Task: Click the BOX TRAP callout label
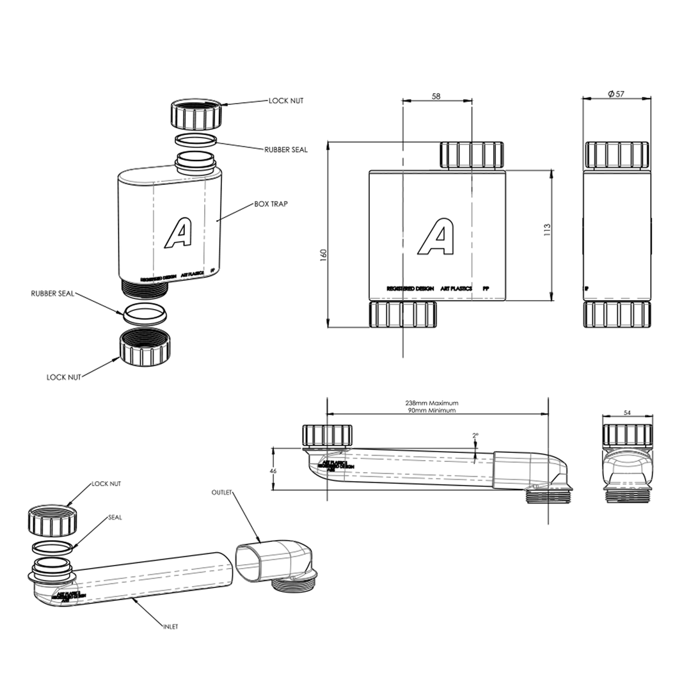[271, 204]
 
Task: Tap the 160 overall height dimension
[323, 253]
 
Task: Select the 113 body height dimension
[547, 229]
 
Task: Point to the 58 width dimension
[436, 96]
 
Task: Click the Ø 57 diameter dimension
[616, 94]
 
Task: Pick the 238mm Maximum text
[432, 403]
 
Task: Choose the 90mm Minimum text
[432, 411]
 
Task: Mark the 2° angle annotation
[475, 436]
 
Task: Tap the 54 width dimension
[627, 413]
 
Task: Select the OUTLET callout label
[221, 492]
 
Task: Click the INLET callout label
[170, 626]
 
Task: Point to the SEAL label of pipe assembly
[115, 517]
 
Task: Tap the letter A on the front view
[436, 237]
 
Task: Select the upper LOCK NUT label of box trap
[286, 101]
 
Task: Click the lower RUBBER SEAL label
[52, 294]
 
